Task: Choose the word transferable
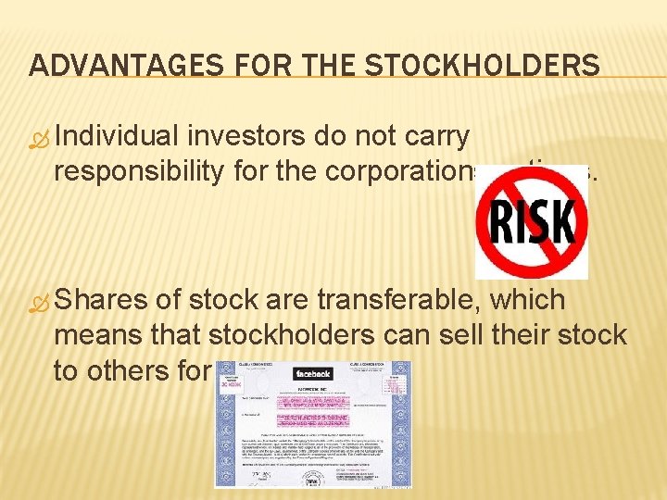[x=404, y=300]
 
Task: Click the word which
[x=532, y=300]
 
